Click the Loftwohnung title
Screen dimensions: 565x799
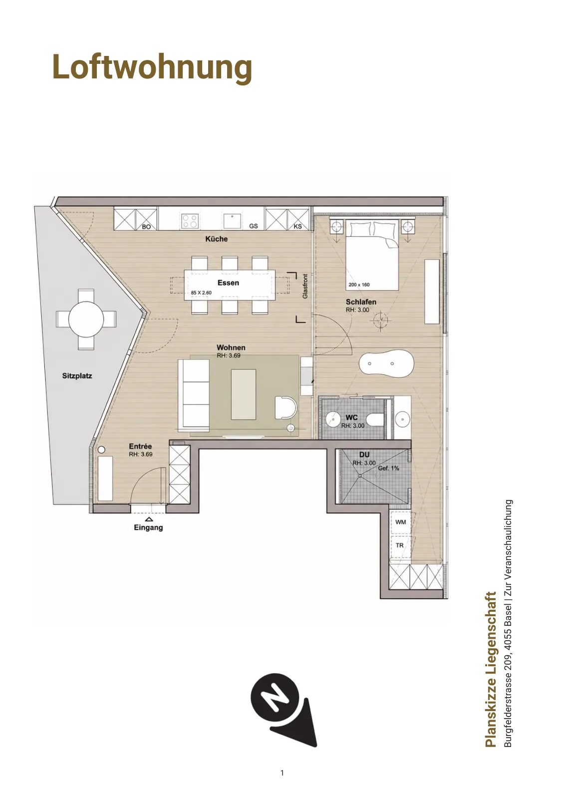click(x=152, y=67)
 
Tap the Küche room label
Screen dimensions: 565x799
click(x=217, y=239)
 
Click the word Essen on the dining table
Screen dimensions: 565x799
click(x=228, y=283)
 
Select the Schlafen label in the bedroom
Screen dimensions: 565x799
click(x=361, y=302)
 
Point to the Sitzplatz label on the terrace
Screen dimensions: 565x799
click(x=77, y=376)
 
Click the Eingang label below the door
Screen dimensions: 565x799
click(x=148, y=527)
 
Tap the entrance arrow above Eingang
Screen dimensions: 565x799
click(x=149, y=519)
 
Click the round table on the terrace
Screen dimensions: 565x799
click(x=86, y=319)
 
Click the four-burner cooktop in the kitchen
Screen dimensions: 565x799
click(x=189, y=220)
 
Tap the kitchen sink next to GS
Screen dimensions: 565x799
click(x=232, y=221)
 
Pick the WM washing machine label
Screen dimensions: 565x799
click(x=401, y=522)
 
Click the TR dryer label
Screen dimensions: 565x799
click(x=400, y=545)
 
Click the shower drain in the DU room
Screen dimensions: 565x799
click(x=360, y=475)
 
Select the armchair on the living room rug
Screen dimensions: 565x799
click(x=285, y=407)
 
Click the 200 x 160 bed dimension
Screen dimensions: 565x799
click(x=359, y=285)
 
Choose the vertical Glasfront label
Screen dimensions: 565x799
click(x=305, y=287)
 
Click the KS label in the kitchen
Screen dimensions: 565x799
click(x=297, y=226)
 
